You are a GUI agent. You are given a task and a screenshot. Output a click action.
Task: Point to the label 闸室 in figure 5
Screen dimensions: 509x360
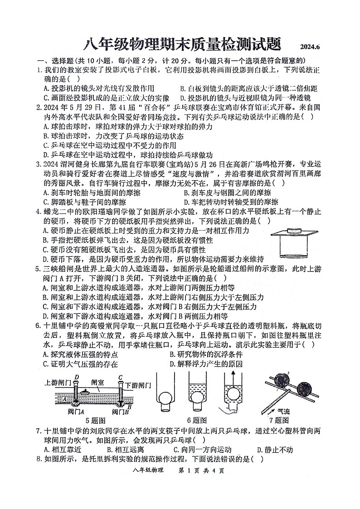pos(97,383)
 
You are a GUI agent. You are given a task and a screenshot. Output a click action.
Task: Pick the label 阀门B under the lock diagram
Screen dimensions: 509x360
pos(120,411)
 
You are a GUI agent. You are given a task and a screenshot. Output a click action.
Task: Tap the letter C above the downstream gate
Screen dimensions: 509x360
pos(120,377)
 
